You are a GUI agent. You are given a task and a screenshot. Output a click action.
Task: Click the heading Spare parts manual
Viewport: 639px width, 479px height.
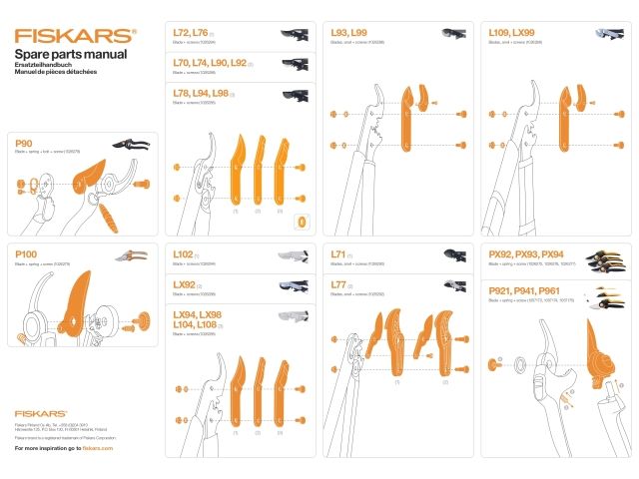[x=70, y=53]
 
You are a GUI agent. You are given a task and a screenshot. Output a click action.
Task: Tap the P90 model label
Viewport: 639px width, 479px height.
[x=25, y=144]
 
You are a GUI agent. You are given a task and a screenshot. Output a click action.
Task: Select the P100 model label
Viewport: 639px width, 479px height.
[x=27, y=254]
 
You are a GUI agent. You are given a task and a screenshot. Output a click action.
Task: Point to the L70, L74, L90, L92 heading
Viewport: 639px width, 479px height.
[x=210, y=62]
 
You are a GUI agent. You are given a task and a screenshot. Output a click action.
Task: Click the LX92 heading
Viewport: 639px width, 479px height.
[x=185, y=284]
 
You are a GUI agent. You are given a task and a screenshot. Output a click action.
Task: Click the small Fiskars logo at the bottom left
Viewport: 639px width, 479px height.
[x=41, y=412]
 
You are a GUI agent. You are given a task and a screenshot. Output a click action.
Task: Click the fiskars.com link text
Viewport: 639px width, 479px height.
[x=98, y=449]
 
